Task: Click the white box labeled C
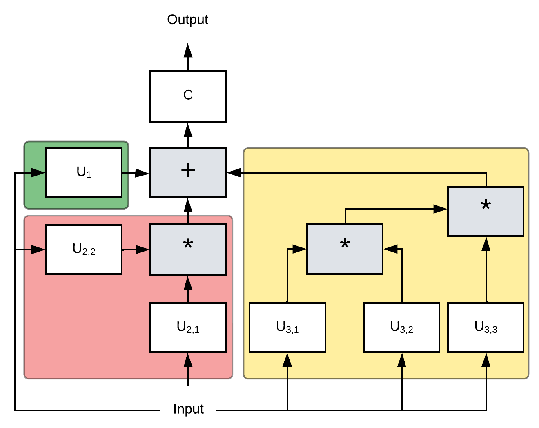(x=188, y=96)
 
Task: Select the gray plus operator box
(x=188, y=172)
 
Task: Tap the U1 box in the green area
(x=84, y=172)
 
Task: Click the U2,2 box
(x=84, y=249)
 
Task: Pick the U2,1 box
(x=188, y=327)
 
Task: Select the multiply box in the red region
(x=188, y=249)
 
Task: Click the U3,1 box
(x=287, y=327)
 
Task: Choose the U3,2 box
(x=401, y=327)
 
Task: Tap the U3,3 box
(x=486, y=327)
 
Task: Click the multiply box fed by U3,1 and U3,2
(x=345, y=249)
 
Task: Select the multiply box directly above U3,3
(x=486, y=211)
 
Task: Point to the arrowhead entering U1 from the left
(x=39, y=172)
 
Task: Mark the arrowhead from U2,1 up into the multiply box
(x=188, y=283)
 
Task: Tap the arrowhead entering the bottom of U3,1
(x=287, y=360)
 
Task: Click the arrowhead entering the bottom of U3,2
(x=402, y=360)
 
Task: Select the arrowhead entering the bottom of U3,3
(x=486, y=360)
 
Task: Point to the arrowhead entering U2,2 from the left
(x=39, y=249)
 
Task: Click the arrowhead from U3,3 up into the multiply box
(x=486, y=244)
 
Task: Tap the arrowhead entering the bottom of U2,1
(x=188, y=360)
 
